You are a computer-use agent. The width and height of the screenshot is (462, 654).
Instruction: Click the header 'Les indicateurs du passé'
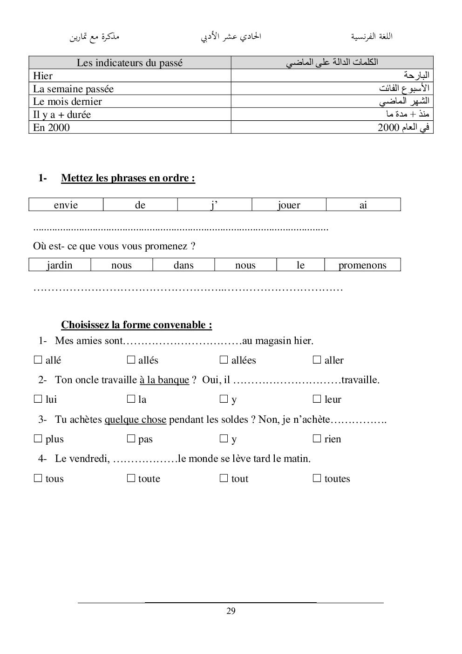point(129,63)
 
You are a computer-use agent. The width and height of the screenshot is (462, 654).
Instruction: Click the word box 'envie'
point(66,205)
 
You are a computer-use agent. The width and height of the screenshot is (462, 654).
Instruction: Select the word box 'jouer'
point(289,205)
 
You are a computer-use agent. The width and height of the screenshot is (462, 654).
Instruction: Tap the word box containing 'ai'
point(363,205)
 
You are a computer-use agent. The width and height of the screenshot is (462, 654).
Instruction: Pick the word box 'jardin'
point(60,265)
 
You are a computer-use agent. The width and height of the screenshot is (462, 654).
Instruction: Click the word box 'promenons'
point(362,265)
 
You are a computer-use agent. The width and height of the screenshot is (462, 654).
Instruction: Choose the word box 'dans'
point(183,265)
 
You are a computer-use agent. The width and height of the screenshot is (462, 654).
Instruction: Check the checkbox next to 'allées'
point(224,360)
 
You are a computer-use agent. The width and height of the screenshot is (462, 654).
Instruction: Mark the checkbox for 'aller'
point(317,360)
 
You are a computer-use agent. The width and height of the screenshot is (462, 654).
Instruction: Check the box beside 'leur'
point(317,399)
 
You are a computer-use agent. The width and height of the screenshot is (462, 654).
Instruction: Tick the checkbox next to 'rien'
point(317,439)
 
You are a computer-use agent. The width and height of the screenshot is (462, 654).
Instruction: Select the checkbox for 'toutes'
point(317,478)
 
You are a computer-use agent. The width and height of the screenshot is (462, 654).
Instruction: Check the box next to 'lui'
point(38,399)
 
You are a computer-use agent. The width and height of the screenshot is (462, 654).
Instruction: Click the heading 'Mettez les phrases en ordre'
point(128,178)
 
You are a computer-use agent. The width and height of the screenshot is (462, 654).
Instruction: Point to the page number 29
point(231,611)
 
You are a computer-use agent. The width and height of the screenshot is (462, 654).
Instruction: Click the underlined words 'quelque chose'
point(135,420)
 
